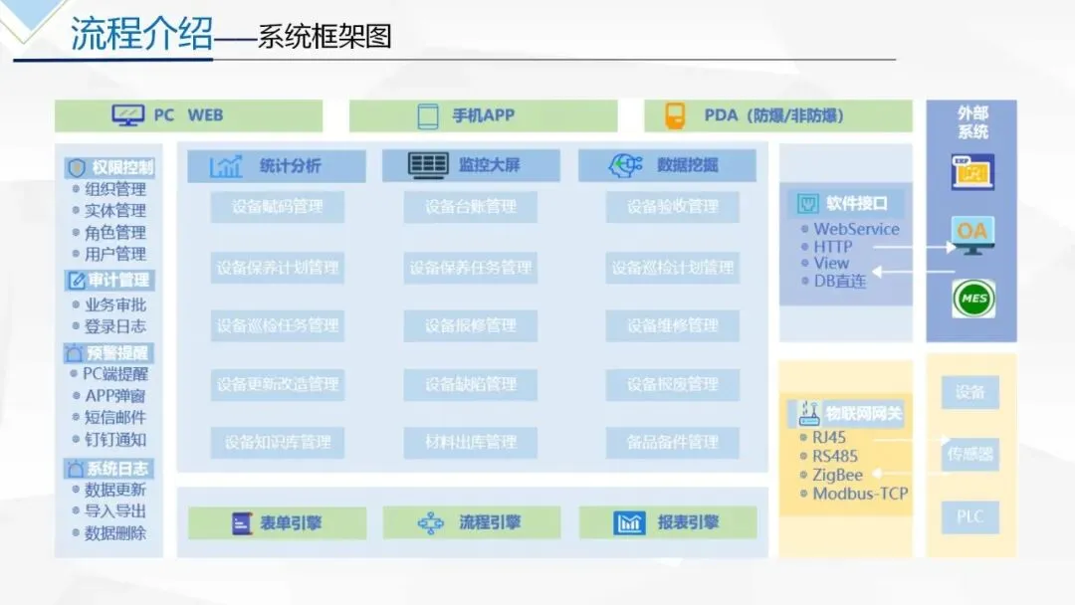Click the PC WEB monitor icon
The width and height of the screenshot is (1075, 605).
(x=128, y=115)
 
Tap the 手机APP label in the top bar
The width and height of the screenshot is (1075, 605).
(x=483, y=115)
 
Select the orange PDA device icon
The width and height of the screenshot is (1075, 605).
(x=676, y=115)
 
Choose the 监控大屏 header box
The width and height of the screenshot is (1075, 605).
(x=471, y=166)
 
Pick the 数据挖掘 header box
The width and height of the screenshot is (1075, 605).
(x=667, y=166)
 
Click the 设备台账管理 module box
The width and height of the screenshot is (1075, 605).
(x=471, y=207)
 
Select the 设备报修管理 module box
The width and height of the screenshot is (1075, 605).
(x=471, y=325)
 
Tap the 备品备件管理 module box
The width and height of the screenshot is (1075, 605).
(x=673, y=442)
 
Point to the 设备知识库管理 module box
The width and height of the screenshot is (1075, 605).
(x=278, y=442)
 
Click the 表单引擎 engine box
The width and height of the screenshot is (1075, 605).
(x=277, y=522)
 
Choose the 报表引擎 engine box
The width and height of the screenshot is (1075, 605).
(x=668, y=522)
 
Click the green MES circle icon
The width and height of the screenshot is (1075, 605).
(x=972, y=299)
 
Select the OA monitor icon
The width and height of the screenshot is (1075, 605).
(x=971, y=235)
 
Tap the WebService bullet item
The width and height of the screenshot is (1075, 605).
(x=855, y=229)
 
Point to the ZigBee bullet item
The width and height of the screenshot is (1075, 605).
(x=837, y=475)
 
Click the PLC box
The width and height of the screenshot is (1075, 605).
(x=969, y=516)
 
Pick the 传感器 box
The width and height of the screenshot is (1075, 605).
(x=969, y=455)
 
